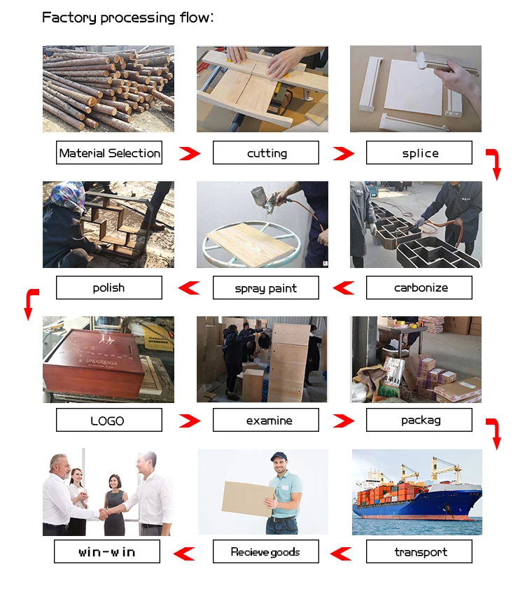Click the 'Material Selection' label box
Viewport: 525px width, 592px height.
tap(109, 153)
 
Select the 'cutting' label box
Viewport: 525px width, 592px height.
tap(266, 153)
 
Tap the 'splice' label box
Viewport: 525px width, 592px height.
tap(419, 153)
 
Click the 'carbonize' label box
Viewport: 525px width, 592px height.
tap(419, 288)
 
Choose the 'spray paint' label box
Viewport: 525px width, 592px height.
tap(266, 288)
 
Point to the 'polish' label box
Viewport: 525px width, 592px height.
tap(109, 288)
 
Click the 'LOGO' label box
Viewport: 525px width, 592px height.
tap(109, 420)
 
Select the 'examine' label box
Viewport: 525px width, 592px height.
tap(266, 420)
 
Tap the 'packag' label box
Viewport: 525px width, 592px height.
tap(419, 420)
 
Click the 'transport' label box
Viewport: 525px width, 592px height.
tap(419, 551)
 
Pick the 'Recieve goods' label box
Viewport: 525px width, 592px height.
tap(266, 551)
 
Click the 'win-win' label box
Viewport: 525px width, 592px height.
tap(107, 551)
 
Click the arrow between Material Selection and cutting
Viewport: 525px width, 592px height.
tap(188, 153)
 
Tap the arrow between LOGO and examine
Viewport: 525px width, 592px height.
tap(188, 421)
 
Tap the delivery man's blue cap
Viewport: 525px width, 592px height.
tap(279, 457)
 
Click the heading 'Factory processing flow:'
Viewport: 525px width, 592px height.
tap(127, 17)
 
